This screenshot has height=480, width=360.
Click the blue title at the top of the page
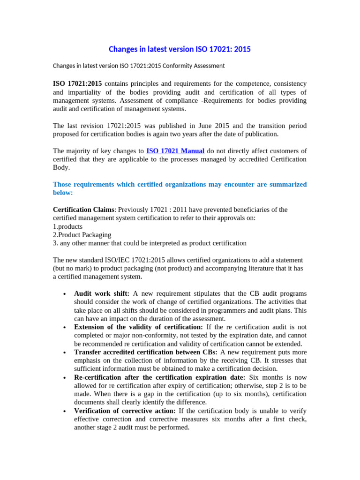point(180,49)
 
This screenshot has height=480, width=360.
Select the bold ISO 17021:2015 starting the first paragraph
point(77,83)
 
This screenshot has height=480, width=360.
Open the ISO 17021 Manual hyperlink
point(175,151)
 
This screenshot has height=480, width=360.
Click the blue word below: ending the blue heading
point(63,193)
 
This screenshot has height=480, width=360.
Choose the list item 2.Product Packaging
point(82,235)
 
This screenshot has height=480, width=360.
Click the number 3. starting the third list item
point(56,243)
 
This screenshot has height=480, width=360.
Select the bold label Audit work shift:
point(102,293)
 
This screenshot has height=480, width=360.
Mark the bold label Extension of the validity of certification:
point(138,327)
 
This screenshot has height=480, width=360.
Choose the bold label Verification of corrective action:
point(125,411)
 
